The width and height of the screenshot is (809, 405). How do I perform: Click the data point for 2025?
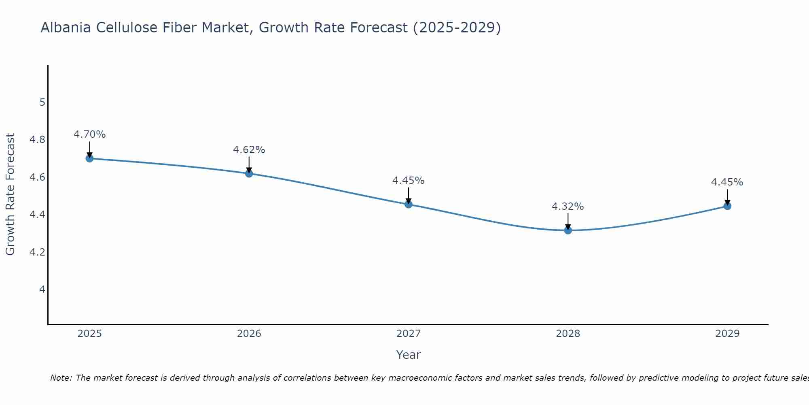coord(90,158)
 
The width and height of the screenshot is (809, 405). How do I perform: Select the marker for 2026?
coord(249,173)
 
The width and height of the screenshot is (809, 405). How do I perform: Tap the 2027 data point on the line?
coord(409,204)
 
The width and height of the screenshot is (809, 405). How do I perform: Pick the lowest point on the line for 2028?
coord(568,230)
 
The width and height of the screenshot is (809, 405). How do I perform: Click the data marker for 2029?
coord(727,206)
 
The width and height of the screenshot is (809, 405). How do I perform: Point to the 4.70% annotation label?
coord(90,134)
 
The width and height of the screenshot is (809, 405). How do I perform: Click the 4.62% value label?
coord(249,150)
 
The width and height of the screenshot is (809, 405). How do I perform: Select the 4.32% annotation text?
coord(568,207)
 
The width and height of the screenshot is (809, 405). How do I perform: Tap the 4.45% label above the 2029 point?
coord(727,182)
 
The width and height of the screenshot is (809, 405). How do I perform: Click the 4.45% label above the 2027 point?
coord(409,181)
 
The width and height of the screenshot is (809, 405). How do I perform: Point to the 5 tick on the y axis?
coord(42,102)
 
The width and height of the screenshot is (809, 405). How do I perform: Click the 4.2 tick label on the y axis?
coord(38,252)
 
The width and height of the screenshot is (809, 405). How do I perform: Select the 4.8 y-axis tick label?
coord(38,140)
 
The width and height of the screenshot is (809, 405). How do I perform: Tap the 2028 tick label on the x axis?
coord(568,334)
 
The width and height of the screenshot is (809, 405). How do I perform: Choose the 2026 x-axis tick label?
coord(249,334)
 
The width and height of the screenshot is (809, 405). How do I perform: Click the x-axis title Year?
coord(409,355)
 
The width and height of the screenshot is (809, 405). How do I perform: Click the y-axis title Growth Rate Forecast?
coord(10,194)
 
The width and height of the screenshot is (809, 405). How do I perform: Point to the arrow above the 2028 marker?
coord(568,221)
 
